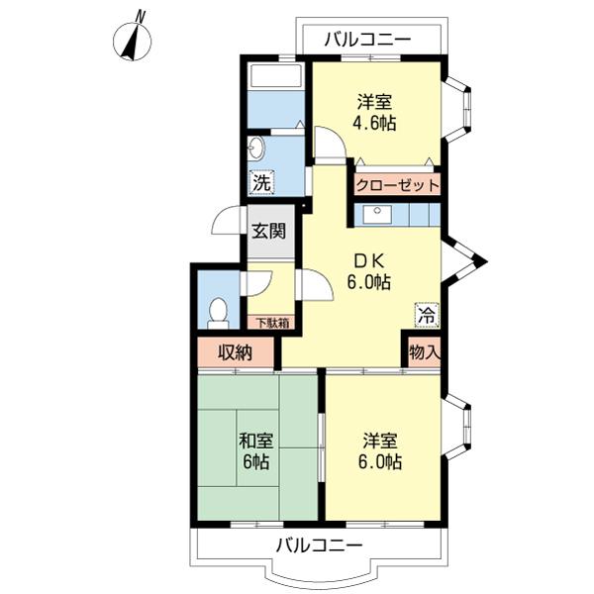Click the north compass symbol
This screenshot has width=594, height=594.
point(133,39)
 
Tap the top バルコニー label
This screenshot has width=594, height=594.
point(367,40)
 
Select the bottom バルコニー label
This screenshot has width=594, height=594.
point(319,545)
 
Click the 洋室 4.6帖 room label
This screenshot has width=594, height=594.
point(374,113)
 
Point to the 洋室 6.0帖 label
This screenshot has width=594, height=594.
point(380,451)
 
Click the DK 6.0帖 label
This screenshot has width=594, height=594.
point(369,271)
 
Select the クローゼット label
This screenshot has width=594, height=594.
point(397,186)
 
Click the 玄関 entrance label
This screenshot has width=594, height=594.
point(269,231)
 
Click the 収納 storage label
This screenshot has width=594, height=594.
point(236,353)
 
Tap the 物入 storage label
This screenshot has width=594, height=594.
point(425,353)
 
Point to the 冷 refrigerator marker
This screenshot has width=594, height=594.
point(427,315)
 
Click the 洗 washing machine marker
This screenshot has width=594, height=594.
point(262,183)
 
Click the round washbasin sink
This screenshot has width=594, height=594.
point(256,148)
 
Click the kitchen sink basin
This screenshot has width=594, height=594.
point(377,215)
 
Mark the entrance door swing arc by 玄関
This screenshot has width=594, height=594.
point(226,221)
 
